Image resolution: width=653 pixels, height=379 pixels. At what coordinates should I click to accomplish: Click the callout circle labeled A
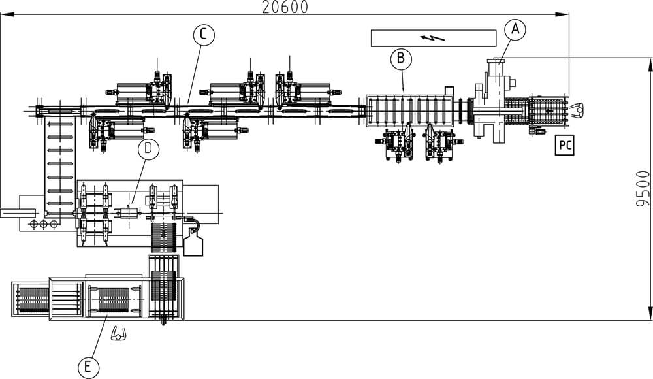click(516, 29)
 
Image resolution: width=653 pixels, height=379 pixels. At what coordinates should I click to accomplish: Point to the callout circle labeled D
click(149, 149)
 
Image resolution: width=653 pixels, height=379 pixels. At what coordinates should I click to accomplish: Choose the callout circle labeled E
click(88, 367)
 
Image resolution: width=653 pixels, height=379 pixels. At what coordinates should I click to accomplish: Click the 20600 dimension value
click(284, 7)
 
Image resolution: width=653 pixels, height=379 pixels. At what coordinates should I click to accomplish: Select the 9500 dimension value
click(643, 189)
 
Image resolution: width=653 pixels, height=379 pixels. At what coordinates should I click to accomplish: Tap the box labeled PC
click(564, 145)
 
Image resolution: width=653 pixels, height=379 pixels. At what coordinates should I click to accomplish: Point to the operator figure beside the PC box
click(577, 108)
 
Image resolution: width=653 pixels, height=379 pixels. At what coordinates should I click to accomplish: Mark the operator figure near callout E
click(119, 334)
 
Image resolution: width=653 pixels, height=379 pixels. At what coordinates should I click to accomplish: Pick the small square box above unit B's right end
click(449, 90)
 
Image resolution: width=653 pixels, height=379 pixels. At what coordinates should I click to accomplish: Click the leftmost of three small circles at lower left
click(33, 223)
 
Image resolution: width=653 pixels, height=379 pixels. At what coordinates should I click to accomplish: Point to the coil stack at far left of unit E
click(31, 299)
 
